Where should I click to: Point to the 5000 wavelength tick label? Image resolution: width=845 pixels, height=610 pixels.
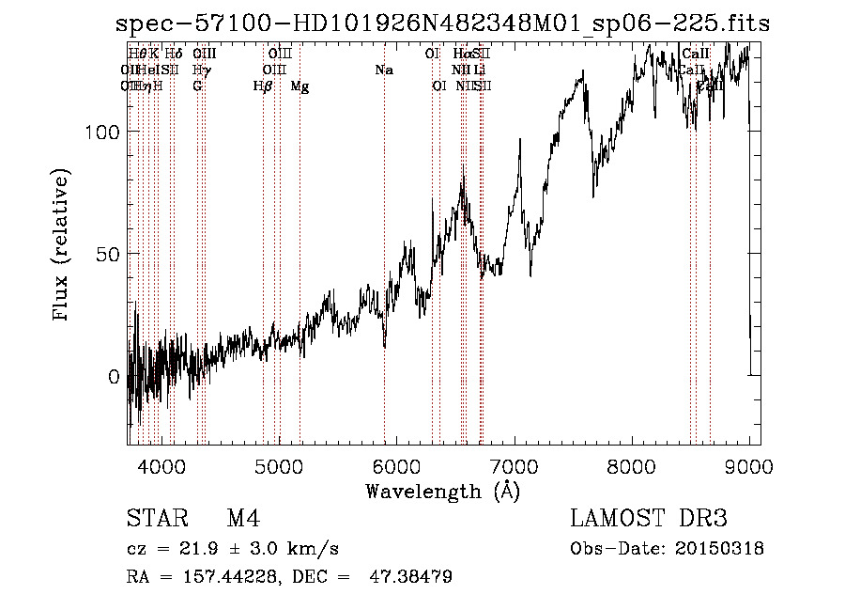click(279, 464)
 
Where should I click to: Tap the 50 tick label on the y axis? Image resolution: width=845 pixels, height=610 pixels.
click(109, 254)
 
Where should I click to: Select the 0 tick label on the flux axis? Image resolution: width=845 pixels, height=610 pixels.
click(114, 377)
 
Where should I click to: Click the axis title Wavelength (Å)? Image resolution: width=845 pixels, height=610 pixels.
click(442, 492)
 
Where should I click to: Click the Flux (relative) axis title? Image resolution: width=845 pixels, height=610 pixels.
click(63, 247)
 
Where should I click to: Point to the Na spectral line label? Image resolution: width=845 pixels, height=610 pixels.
click(383, 70)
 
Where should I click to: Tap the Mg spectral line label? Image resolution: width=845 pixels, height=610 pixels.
click(300, 86)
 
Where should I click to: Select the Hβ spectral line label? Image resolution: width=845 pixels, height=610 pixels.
click(263, 86)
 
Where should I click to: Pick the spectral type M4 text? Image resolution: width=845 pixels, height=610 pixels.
click(243, 519)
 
